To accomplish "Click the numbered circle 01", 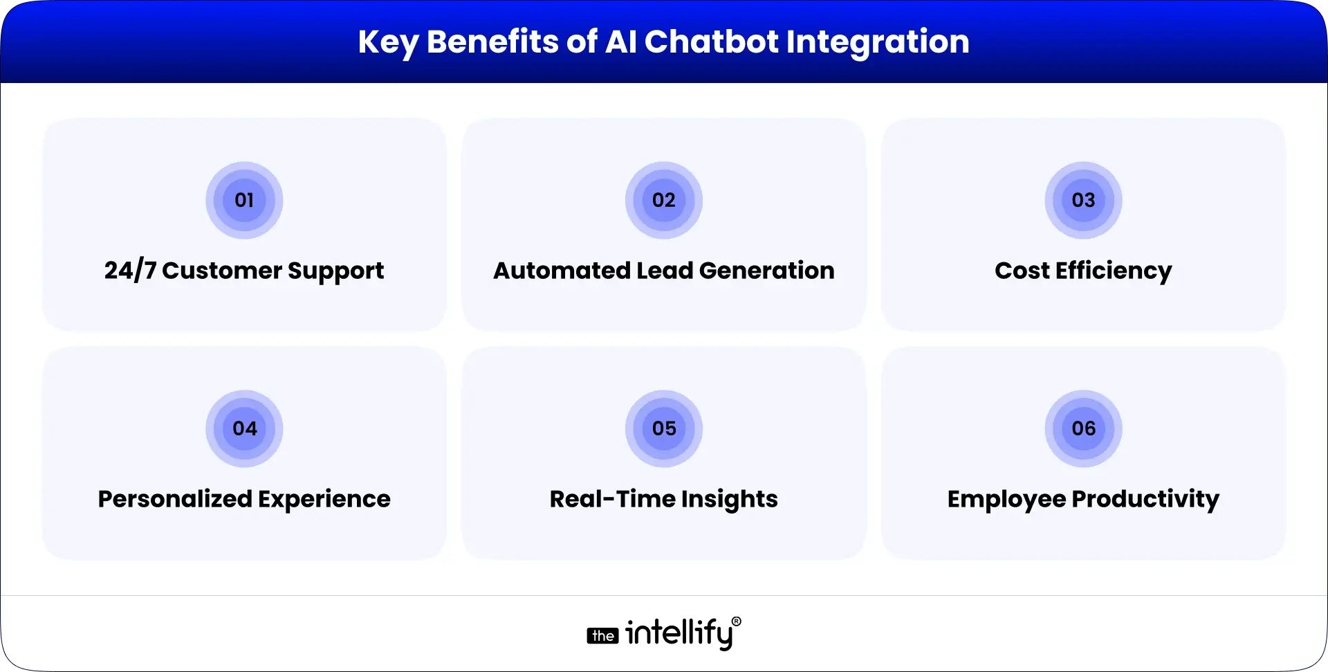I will [x=244, y=201].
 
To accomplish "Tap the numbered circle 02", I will [x=664, y=201].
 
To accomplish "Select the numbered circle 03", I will [x=1083, y=201].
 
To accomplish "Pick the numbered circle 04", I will [x=244, y=429].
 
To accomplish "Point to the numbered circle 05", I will [x=664, y=429].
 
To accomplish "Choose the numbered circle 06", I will [x=1083, y=429].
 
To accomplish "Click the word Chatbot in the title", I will [x=712, y=42].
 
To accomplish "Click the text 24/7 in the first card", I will [x=130, y=271].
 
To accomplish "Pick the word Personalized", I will [x=174, y=499].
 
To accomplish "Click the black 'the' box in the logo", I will [x=603, y=636].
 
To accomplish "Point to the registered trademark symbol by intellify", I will [x=736, y=622].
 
